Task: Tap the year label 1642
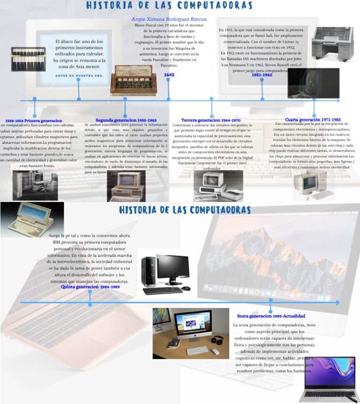169,75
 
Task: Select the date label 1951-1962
262,75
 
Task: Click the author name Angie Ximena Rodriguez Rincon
169,19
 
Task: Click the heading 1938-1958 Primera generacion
34,121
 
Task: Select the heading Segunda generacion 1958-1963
126,120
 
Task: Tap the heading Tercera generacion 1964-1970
210,120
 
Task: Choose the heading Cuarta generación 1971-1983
312,120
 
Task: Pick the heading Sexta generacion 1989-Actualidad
271,316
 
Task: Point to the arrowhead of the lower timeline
337,303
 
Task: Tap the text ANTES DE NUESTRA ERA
79,75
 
